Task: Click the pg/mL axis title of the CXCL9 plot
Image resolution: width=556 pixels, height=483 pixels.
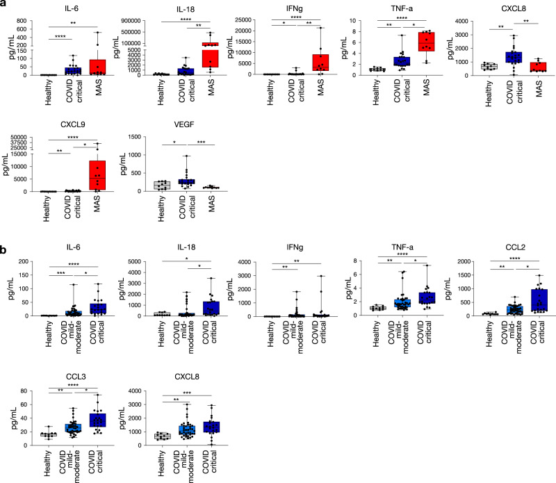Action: tap(6, 171)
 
